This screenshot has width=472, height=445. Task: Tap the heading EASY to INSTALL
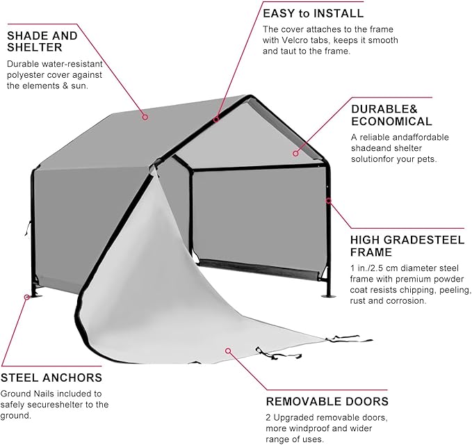[x=313, y=13]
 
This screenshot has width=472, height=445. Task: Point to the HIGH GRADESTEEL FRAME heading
[x=407, y=245]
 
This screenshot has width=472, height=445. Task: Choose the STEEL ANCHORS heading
[x=51, y=378]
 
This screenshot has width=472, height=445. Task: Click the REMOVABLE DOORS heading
[x=327, y=401]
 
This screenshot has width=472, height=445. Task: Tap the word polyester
[x=26, y=74]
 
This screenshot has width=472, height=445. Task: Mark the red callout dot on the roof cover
[x=145, y=117]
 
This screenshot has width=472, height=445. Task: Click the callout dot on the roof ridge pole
[x=216, y=119]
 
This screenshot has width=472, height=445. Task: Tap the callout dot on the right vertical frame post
[x=328, y=200]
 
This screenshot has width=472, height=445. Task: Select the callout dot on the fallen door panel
[x=225, y=351]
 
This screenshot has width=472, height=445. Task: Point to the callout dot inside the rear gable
[x=295, y=153]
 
